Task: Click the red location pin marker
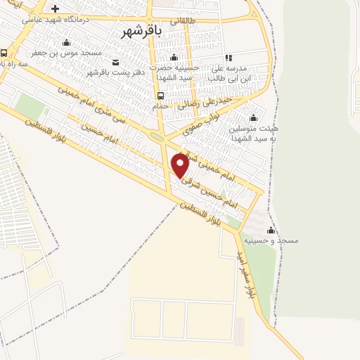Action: [180, 165]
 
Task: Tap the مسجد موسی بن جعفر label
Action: [67, 53]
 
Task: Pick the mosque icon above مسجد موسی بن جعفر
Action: [66, 42]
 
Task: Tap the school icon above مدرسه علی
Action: [229, 58]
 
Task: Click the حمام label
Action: [160, 106]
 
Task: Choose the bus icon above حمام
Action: [160, 96]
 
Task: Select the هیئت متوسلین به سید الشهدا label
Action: [252, 134]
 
